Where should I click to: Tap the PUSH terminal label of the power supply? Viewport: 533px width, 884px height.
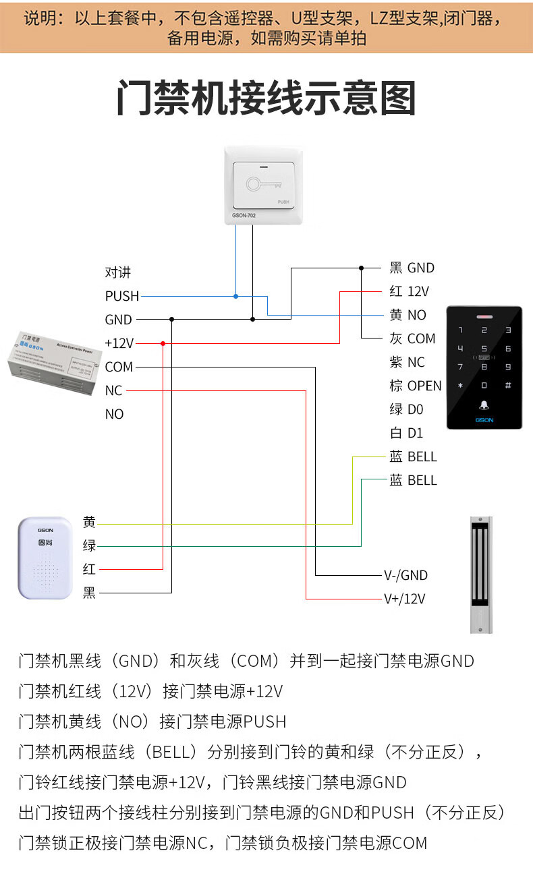(x=122, y=296)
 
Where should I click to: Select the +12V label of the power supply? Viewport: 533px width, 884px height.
(x=119, y=343)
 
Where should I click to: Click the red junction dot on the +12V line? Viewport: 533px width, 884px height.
(x=163, y=343)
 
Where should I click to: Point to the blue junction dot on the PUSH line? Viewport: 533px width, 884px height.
(x=235, y=296)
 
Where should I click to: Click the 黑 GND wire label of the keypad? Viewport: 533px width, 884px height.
(x=412, y=268)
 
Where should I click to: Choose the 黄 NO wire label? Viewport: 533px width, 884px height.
(x=408, y=315)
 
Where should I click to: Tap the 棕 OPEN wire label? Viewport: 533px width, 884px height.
(x=415, y=386)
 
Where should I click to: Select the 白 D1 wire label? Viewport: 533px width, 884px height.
(x=406, y=433)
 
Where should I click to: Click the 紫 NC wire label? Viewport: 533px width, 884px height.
(x=407, y=362)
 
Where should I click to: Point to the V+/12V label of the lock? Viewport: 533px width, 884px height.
(x=404, y=599)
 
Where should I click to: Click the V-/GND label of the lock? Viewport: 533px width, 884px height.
(x=405, y=575)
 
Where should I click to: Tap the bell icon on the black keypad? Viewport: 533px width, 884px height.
(x=484, y=405)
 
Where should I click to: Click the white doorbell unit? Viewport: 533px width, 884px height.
(x=45, y=558)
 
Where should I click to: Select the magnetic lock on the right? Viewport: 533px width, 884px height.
(x=480, y=574)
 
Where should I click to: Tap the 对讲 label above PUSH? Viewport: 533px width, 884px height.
(x=117, y=272)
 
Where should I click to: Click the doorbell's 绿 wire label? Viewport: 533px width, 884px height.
(x=89, y=546)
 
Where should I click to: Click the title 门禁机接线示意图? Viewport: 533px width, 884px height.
(x=266, y=99)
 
